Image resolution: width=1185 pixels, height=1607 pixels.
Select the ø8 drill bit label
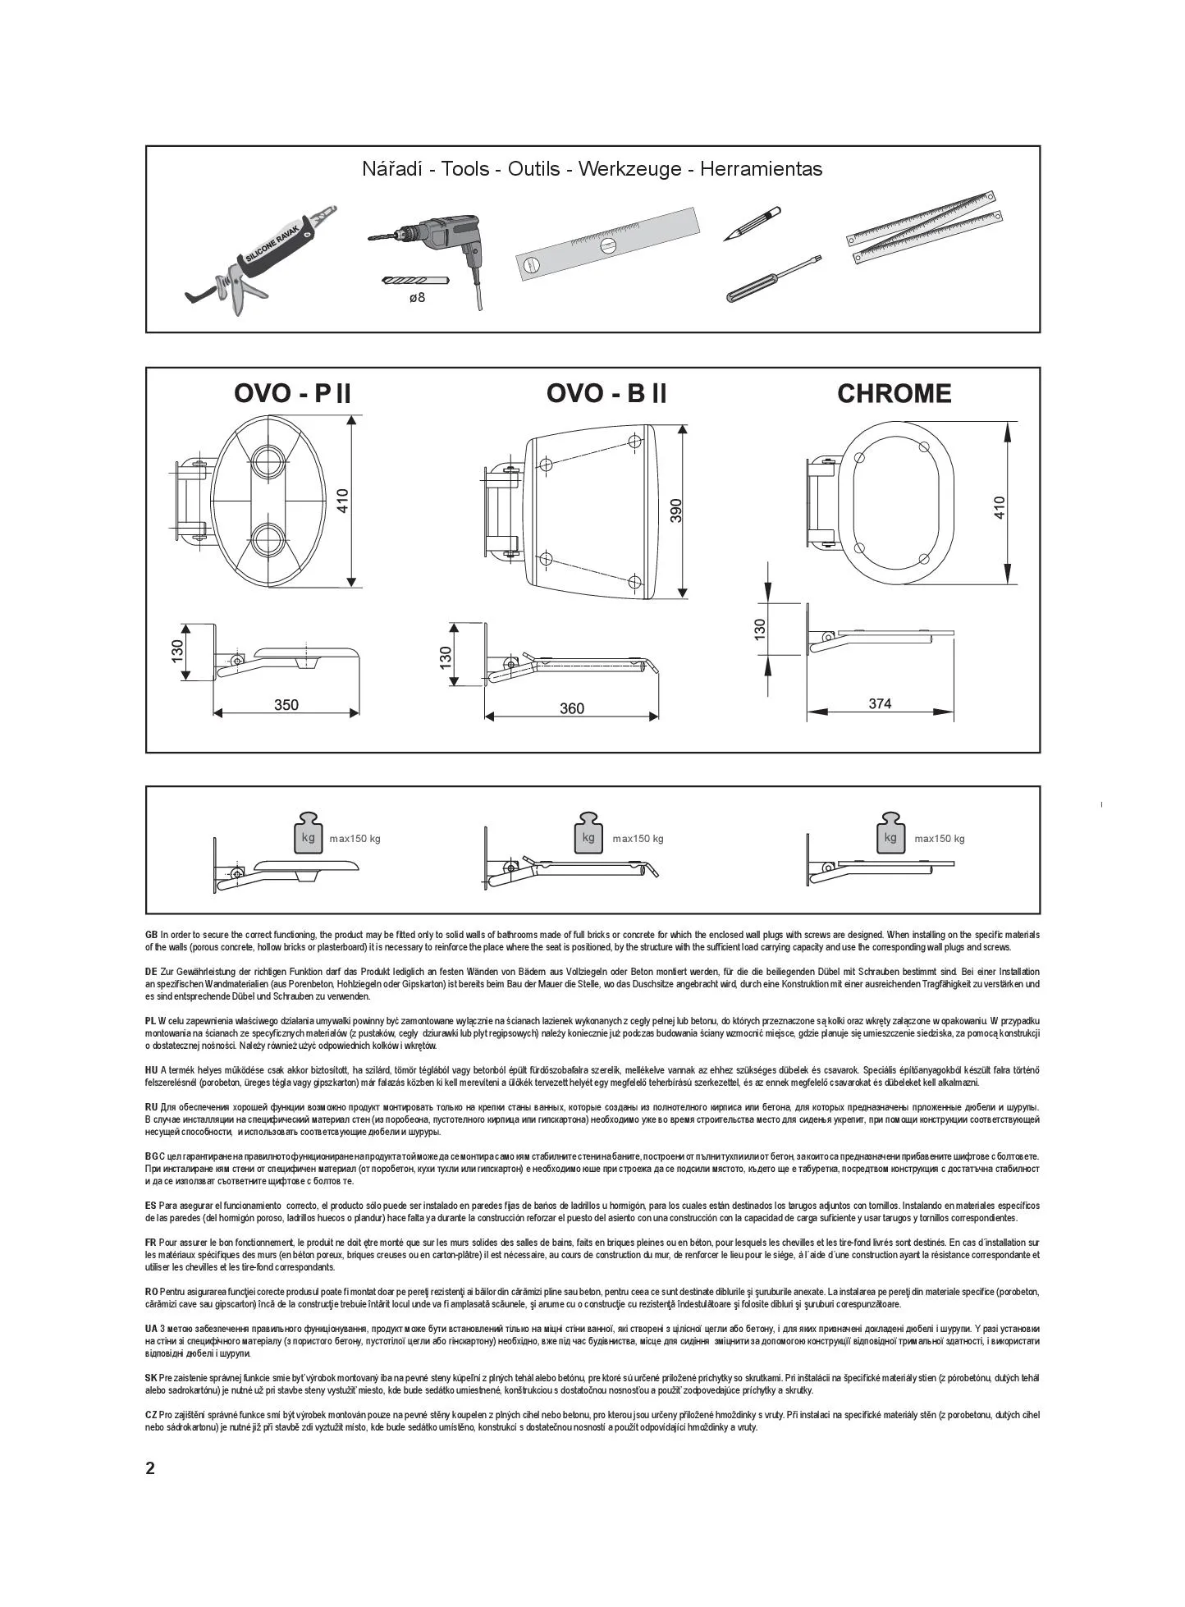[417, 297]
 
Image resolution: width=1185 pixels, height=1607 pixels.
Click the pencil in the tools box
[753, 223]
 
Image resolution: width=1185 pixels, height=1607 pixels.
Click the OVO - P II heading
[292, 393]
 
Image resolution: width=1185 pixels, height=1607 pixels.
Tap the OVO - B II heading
[606, 393]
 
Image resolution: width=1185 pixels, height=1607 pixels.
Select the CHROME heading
[894, 393]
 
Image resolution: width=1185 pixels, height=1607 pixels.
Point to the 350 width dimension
[286, 705]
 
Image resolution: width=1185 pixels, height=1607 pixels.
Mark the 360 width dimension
[572, 709]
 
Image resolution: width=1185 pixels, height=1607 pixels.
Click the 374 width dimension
[880, 703]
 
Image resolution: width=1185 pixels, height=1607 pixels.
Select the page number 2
[150, 1468]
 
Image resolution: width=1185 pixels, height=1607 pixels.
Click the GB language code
[151, 935]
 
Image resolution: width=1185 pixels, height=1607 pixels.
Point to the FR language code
[150, 1243]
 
